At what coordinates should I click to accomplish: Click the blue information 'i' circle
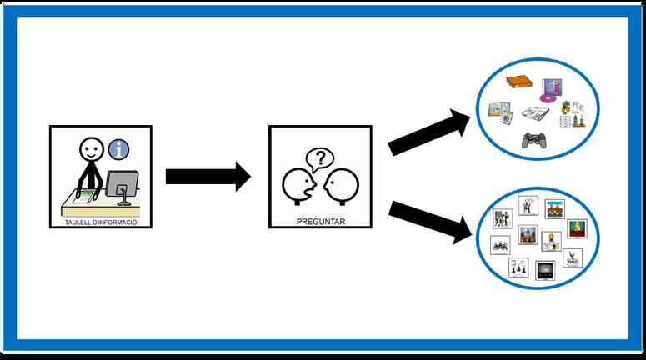point(121,150)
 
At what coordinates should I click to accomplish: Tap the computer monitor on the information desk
point(123,183)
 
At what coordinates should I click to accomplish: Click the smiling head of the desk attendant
point(89,149)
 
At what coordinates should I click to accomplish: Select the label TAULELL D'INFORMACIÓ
point(99,222)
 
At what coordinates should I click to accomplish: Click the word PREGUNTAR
point(320,222)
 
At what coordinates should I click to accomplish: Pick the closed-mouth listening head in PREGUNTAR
point(339,185)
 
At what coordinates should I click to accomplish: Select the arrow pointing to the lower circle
point(429,219)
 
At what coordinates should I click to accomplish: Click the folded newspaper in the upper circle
point(534,114)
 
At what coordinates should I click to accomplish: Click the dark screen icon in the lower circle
point(544,269)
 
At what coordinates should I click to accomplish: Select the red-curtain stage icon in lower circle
point(577,227)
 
